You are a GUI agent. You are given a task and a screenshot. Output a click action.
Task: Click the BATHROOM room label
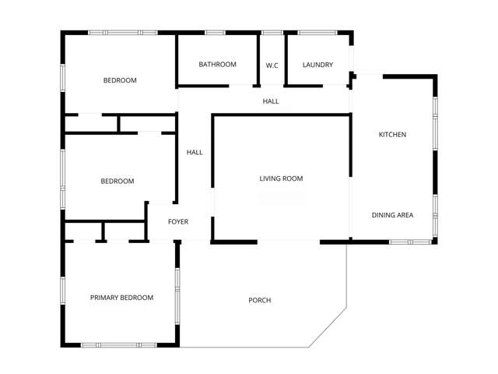pyautogui.click(x=217, y=65)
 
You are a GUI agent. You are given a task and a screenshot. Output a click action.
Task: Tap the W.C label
pyautogui.click(x=272, y=65)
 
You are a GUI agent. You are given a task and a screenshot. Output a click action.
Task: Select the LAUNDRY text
pyautogui.click(x=317, y=65)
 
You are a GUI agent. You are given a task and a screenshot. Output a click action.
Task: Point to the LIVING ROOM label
pyautogui.click(x=281, y=179)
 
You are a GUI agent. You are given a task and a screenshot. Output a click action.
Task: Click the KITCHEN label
pyautogui.click(x=392, y=135)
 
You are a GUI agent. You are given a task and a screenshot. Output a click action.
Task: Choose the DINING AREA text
pyautogui.click(x=392, y=215)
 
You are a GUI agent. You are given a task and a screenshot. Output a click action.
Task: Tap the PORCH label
pyautogui.click(x=259, y=301)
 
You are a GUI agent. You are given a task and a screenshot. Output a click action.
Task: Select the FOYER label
pyautogui.click(x=178, y=222)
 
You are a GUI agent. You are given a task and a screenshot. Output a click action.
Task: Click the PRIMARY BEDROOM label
pyautogui.click(x=121, y=298)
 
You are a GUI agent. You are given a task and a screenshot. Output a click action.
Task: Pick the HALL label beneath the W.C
pyautogui.click(x=270, y=101)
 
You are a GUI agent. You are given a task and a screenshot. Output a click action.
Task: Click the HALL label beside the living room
pyautogui.click(x=195, y=153)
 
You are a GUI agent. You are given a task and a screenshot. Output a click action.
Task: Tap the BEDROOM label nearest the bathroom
pyautogui.click(x=120, y=80)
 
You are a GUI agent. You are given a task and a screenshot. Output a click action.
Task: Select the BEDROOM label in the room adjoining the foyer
pyautogui.click(x=117, y=182)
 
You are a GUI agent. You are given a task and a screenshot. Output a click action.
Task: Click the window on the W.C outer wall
pyautogui.click(x=272, y=33)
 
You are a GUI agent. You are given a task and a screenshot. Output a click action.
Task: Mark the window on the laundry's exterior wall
pyautogui.click(x=317, y=33)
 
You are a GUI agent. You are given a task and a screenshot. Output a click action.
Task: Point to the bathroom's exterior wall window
pyautogui.click(x=215, y=33)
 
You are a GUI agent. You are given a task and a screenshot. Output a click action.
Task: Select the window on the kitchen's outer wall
pyautogui.click(x=435, y=106)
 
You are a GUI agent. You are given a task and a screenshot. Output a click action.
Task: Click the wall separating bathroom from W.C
pyautogui.click(x=258, y=61)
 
